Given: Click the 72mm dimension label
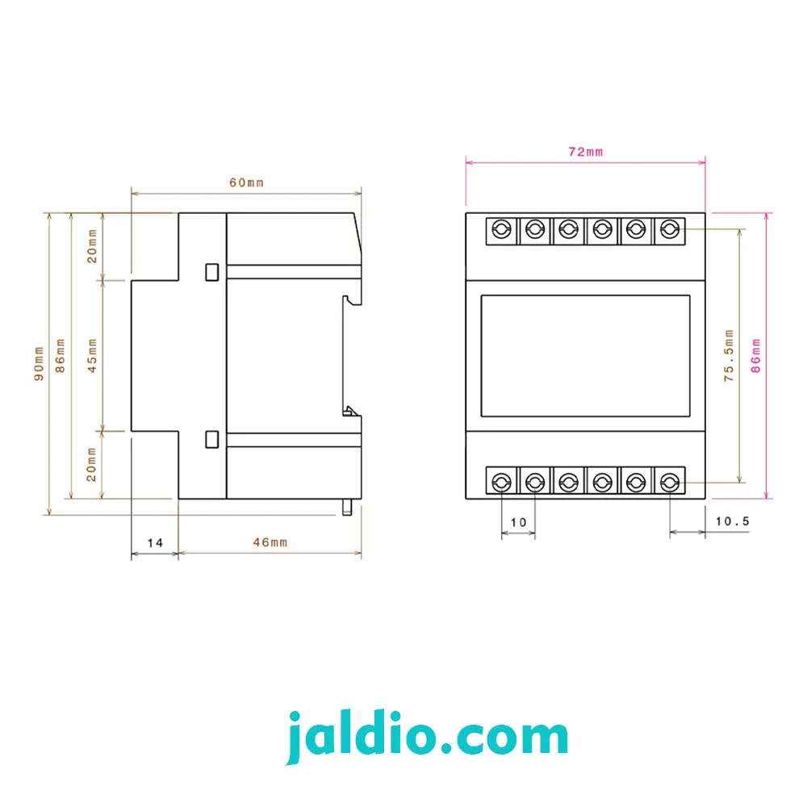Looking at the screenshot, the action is tap(585, 152).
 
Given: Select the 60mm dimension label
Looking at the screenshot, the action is tap(246, 182).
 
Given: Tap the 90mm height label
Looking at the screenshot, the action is tap(39, 363).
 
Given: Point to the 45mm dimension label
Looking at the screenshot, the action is tap(92, 356).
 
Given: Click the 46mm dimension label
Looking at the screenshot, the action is tap(270, 542).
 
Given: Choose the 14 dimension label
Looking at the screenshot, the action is tap(155, 543).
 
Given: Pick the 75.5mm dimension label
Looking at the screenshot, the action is tap(729, 355).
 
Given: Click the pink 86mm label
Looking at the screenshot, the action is tap(755, 356).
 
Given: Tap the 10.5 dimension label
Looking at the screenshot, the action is tap(733, 521).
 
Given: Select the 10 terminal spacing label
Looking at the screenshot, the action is tap(518, 522).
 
